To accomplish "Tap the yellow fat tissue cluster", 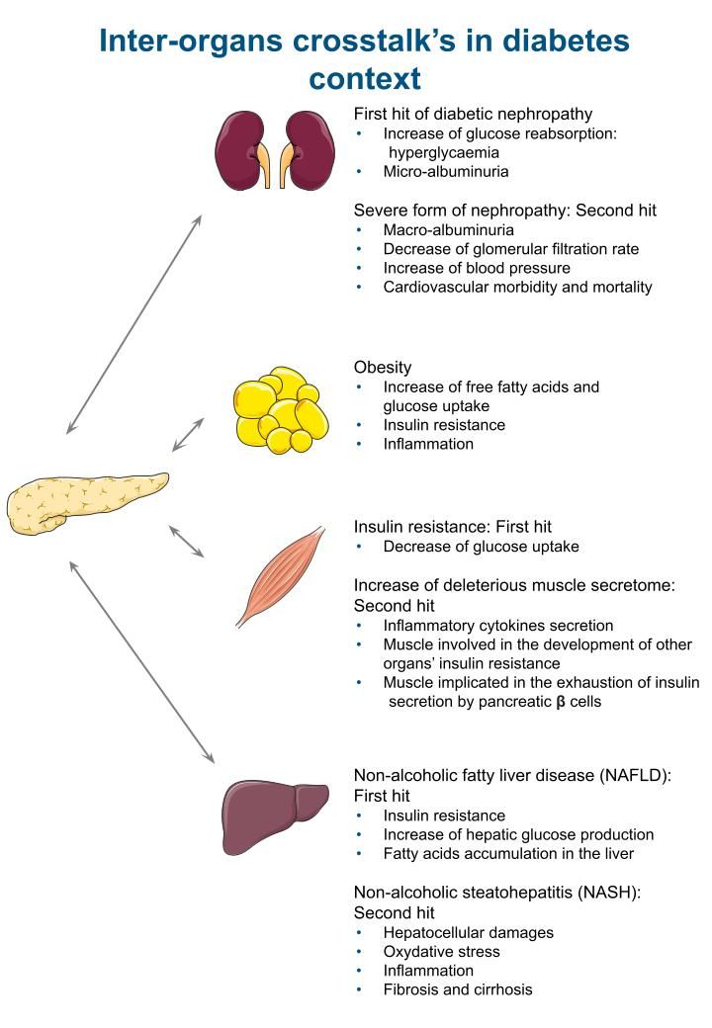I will pyautogui.click(x=277, y=410).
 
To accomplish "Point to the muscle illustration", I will pyautogui.click(x=281, y=577).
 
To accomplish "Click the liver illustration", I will pyautogui.click(x=273, y=811).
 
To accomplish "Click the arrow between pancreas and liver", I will pyautogui.click(x=141, y=662).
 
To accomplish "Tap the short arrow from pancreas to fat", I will pyautogui.click(x=188, y=435).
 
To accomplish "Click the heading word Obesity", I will pyautogui.click(x=383, y=368).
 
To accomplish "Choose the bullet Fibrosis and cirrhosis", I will pyautogui.click(x=458, y=989).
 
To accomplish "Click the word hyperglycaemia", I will pyautogui.click(x=444, y=153).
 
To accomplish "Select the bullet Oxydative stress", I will pyautogui.click(x=442, y=952).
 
